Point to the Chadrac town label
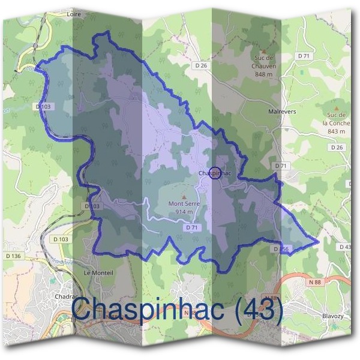pyautogui.click(x=65, y=296)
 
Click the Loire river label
pyautogui.click(x=75, y=12)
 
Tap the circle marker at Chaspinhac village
pyautogui.click(x=215, y=173)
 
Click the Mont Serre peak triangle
pyautogui.click(x=184, y=196)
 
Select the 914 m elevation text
pyautogui.click(x=184, y=211)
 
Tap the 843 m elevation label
pyautogui.click(x=337, y=131)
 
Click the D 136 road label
pyautogui.click(x=13, y=256)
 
